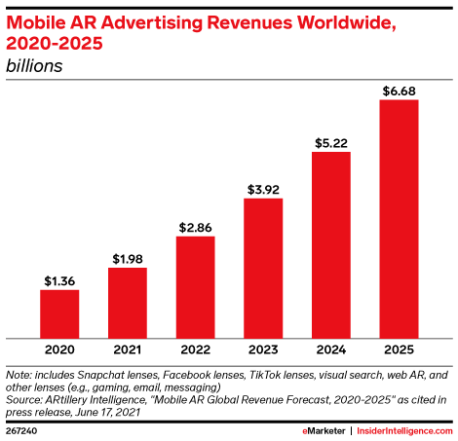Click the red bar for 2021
coord(128,300)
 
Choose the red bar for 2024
coord(330,242)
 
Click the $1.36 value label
coord(59,281)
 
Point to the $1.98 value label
coord(128,259)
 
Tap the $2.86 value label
coord(195,228)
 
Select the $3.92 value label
coord(263,190)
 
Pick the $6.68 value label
coord(399,92)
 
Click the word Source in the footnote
coord(25,398)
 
